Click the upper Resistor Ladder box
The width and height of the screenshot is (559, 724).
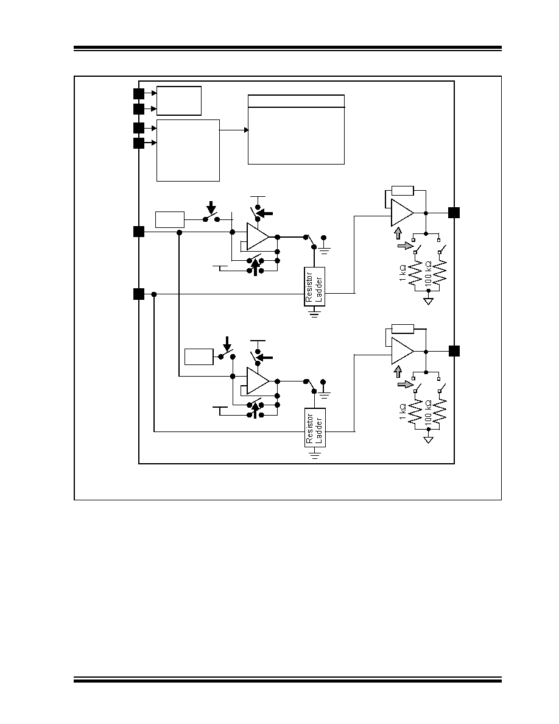[x=315, y=286]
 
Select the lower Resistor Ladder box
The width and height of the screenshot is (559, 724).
[x=315, y=428]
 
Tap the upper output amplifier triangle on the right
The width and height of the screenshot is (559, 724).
[x=402, y=213]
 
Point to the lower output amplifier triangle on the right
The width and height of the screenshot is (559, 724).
[x=402, y=352]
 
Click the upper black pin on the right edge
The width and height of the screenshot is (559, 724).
[x=454, y=213]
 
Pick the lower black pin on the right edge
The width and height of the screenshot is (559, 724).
[x=454, y=351]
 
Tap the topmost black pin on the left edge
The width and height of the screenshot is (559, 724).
[x=139, y=94]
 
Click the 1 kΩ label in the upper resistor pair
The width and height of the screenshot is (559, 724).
[x=403, y=273]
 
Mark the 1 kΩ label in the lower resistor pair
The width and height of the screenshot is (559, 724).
[x=403, y=412]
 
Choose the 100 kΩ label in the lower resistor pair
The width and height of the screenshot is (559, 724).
[x=428, y=413]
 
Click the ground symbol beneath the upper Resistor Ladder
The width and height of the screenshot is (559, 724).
[x=315, y=313]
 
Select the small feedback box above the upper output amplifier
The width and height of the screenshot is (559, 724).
[x=403, y=190]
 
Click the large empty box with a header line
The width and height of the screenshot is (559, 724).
[x=296, y=129]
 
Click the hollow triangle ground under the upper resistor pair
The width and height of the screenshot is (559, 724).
[x=429, y=302]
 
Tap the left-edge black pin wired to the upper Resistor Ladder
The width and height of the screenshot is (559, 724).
[x=139, y=294]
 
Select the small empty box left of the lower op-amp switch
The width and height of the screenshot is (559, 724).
[x=199, y=357]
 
